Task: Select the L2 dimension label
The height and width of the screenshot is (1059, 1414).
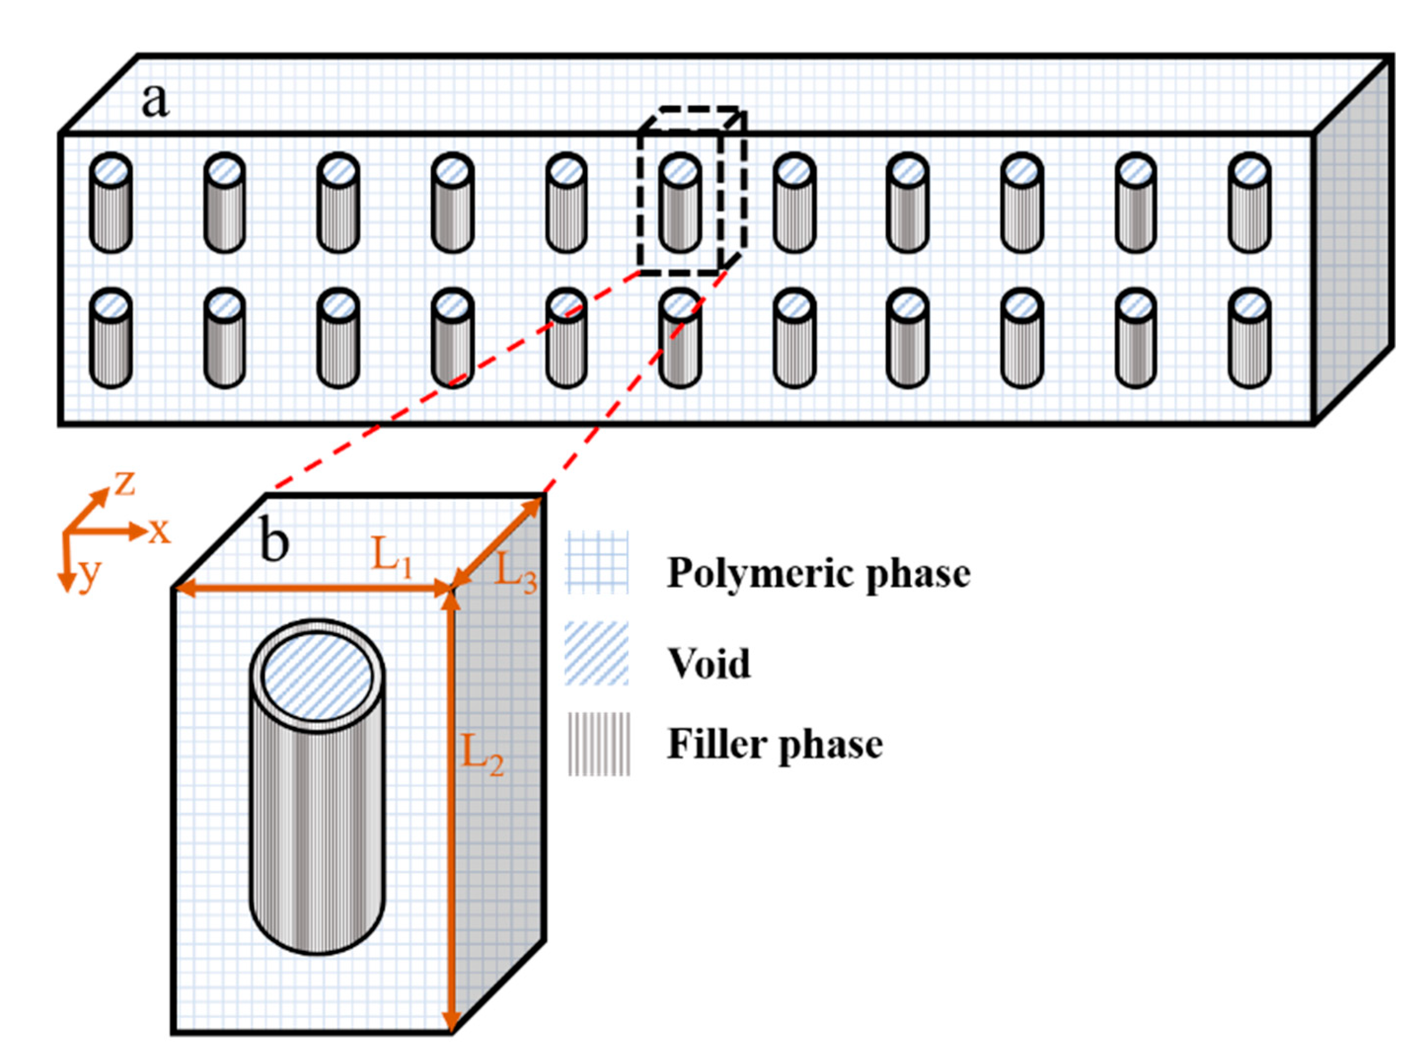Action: click(x=482, y=755)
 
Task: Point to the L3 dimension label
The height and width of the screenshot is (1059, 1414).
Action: click(x=515, y=571)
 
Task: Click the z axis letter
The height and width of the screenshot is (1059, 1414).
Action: click(x=125, y=484)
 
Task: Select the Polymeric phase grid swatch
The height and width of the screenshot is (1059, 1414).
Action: click(x=596, y=563)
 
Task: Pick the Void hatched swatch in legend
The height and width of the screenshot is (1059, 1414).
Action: click(x=596, y=653)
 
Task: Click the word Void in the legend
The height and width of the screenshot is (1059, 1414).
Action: click(x=708, y=664)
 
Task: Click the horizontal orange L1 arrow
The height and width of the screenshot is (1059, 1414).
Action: click(x=313, y=588)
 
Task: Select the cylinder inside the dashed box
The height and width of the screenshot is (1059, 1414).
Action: click(x=680, y=203)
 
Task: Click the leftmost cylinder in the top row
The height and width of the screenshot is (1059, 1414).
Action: click(x=111, y=203)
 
